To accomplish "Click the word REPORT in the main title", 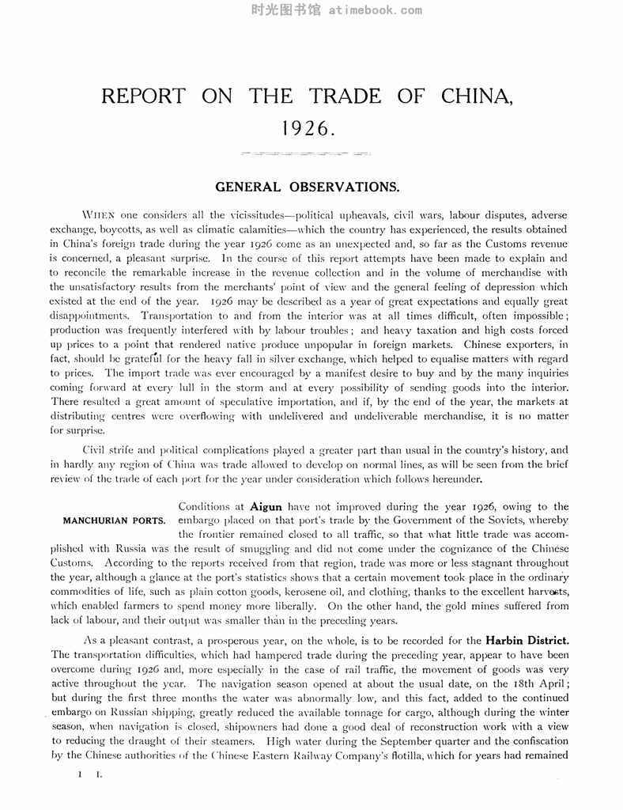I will [143, 97].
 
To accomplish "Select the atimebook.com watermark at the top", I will [311, 10].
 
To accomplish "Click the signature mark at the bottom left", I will [88, 775].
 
